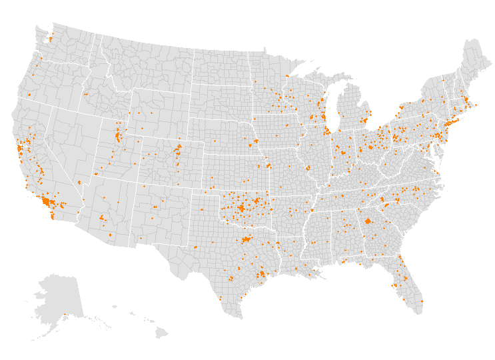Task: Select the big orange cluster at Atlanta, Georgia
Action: point(368,221)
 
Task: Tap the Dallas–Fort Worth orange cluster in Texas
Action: point(247,239)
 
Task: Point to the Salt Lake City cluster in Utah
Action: point(119,137)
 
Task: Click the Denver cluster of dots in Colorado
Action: point(177,151)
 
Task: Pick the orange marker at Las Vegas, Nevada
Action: point(79,182)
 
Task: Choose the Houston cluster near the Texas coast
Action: point(261,273)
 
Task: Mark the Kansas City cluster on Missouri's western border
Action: point(268,165)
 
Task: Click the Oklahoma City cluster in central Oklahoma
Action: point(239,207)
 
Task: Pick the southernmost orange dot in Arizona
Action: point(111,235)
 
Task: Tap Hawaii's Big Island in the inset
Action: point(162,332)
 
